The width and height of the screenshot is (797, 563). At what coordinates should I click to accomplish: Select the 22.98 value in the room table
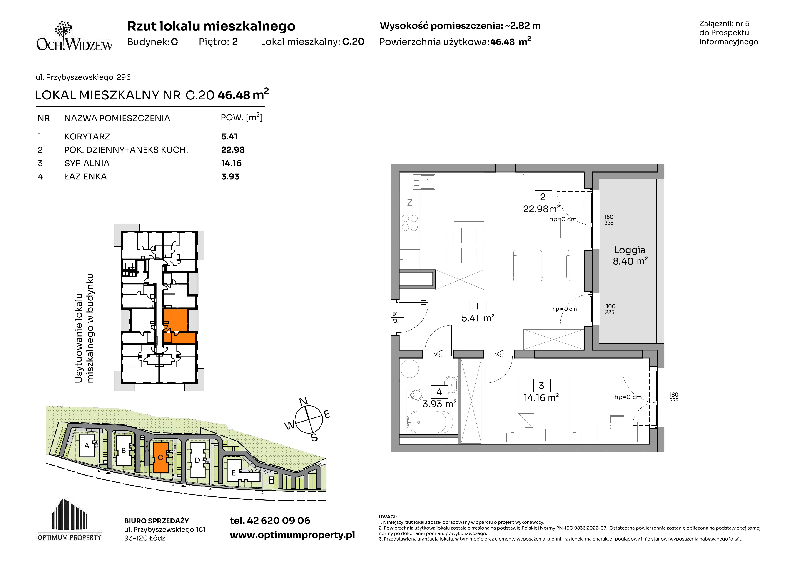[x=233, y=150]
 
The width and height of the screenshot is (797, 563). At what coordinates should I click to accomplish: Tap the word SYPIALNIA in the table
[x=87, y=163]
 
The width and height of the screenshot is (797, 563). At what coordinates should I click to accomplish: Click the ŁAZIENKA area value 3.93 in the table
[x=230, y=176]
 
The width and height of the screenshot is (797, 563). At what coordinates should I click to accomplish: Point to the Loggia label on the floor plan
[x=630, y=250]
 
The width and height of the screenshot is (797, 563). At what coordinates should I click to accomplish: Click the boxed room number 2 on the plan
[x=543, y=197]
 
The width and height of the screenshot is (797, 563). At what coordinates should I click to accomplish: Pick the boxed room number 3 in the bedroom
[x=541, y=385]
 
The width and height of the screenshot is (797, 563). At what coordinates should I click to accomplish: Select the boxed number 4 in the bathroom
[x=439, y=392]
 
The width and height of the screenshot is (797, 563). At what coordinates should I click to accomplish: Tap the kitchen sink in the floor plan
[x=424, y=182]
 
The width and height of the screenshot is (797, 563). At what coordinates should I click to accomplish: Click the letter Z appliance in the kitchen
[x=410, y=203]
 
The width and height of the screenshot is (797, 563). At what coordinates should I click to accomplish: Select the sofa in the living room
[x=541, y=266]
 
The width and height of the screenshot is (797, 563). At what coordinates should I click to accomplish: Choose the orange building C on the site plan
[x=161, y=457]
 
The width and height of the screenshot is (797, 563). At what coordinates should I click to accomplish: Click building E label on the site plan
[x=234, y=473]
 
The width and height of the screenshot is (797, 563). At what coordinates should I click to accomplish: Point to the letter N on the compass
[x=303, y=401]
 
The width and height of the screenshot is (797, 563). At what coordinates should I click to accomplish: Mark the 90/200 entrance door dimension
[x=395, y=317]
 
